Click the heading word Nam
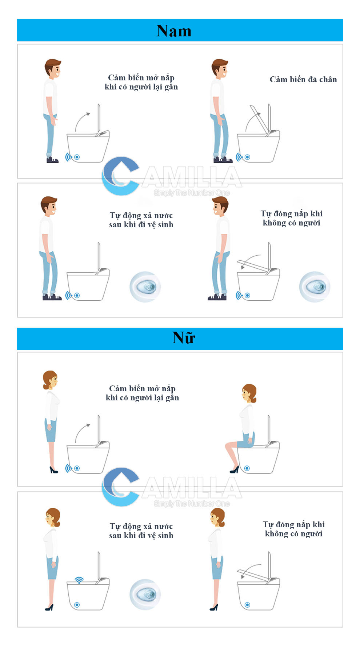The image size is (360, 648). (x=174, y=31)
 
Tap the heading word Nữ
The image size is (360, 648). (x=184, y=337)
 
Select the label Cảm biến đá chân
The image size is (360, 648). (x=303, y=79)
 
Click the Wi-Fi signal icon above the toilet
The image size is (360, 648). (x=79, y=580)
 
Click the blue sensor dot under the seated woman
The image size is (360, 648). (x=247, y=468)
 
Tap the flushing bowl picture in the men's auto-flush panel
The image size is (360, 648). (x=145, y=287)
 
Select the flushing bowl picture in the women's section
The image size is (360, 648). (x=145, y=594)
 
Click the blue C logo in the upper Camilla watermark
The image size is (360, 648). (x=120, y=176)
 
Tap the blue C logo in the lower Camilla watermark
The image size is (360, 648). (x=120, y=487)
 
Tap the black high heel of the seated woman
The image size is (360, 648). (x=235, y=469)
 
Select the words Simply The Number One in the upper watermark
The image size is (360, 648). (x=192, y=193)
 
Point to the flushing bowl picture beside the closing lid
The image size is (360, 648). (x=315, y=287)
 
